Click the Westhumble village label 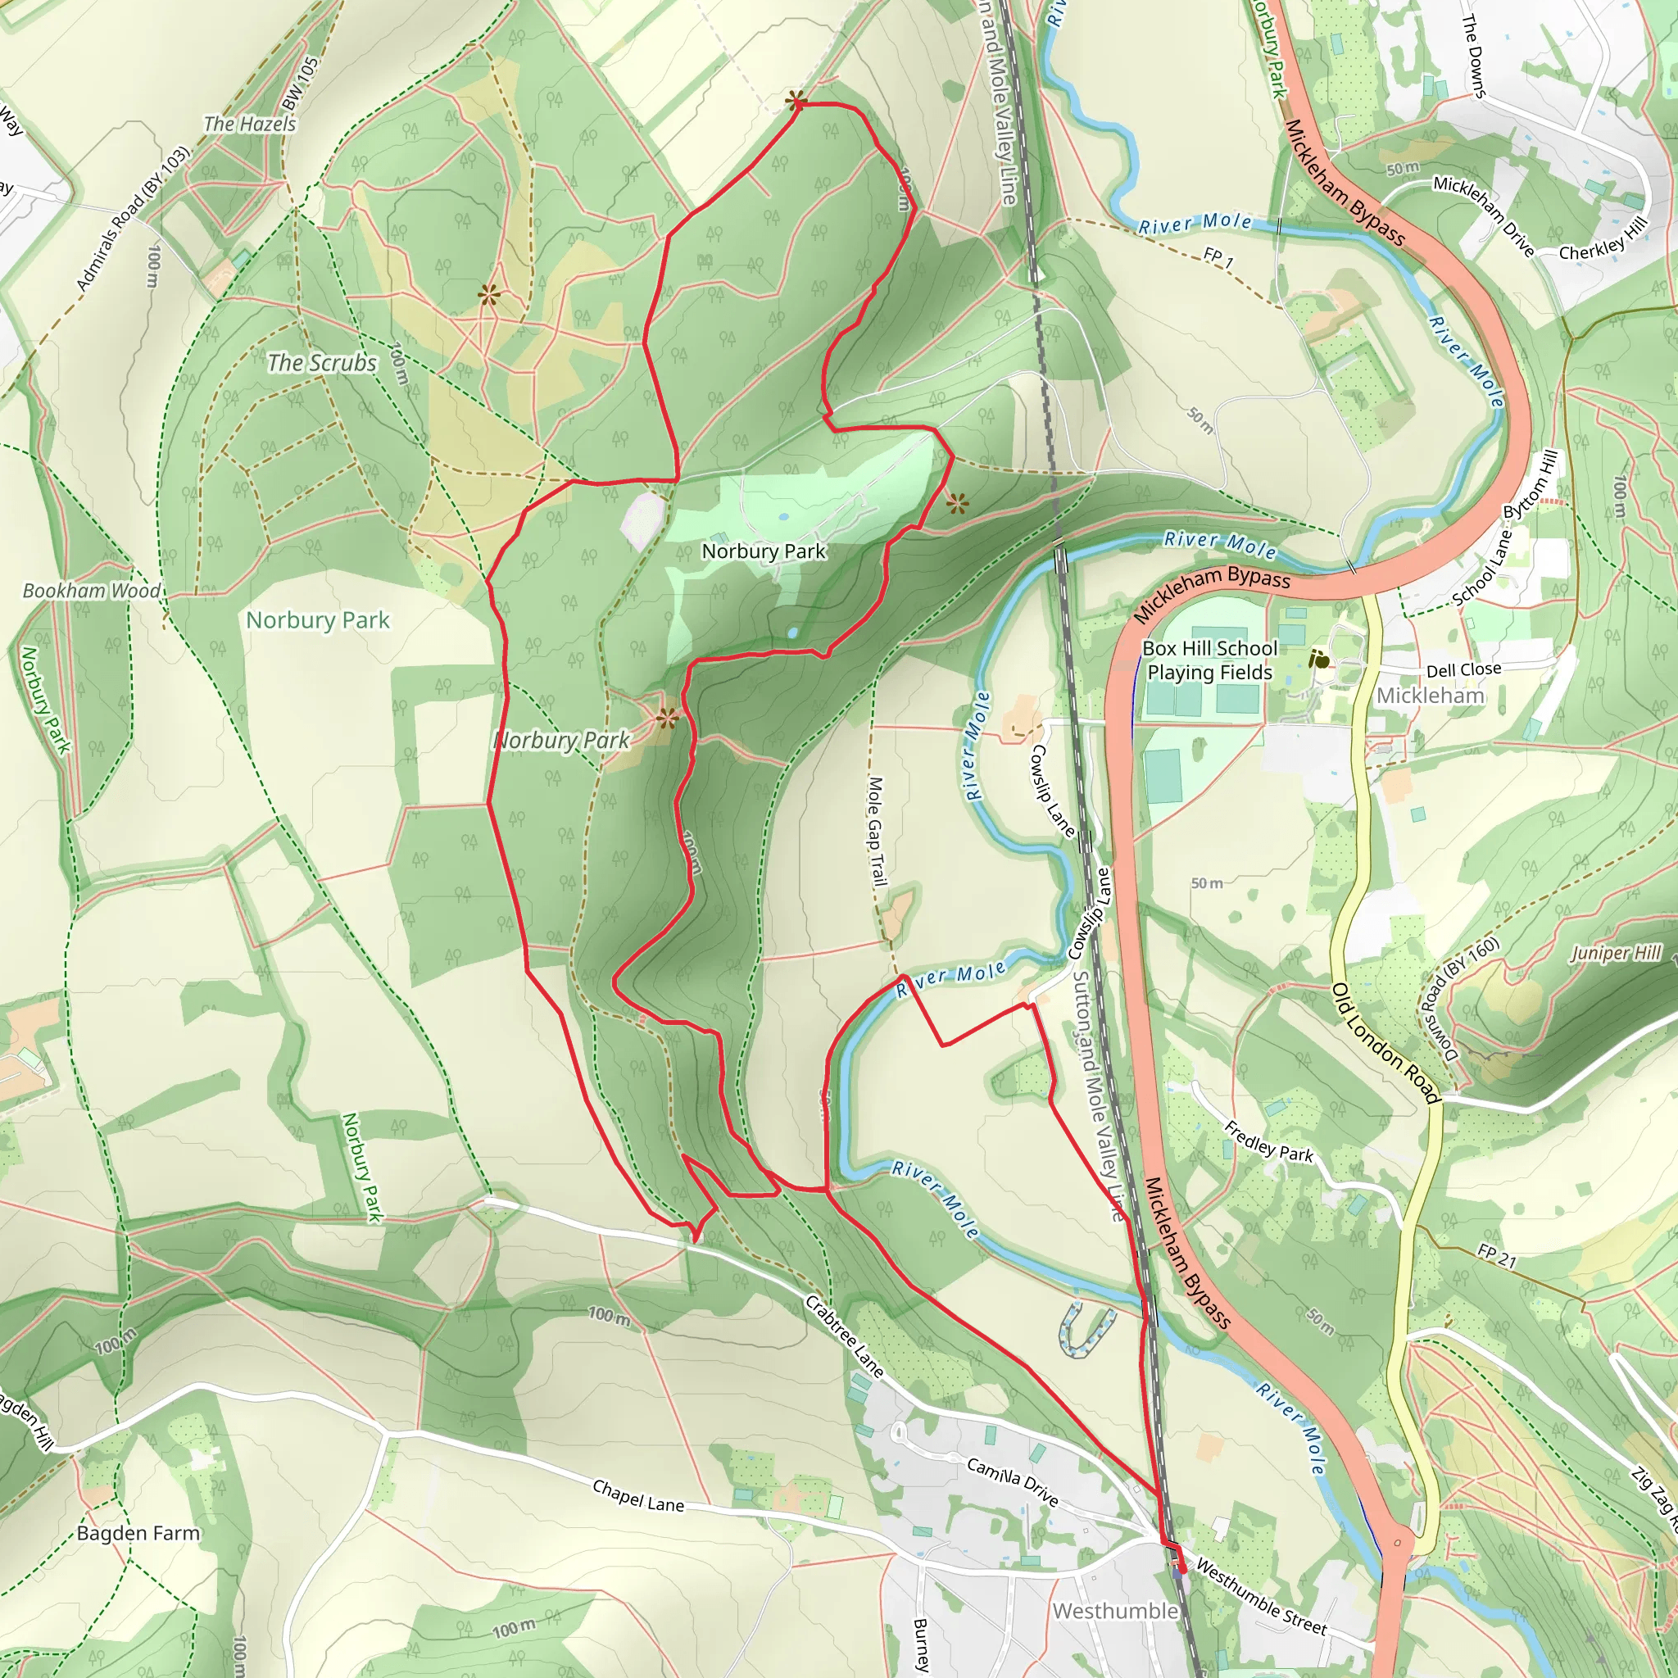pyautogui.click(x=1114, y=1611)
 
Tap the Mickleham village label pyautogui.click(x=1430, y=696)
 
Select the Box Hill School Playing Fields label pyautogui.click(x=1209, y=660)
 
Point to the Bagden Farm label pyautogui.click(x=138, y=1533)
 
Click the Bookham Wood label pyautogui.click(x=91, y=591)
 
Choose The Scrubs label pyautogui.click(x=321, y=362)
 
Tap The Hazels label pyautogui.click(x=249, y=124)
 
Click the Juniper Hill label pyautogui.click(x=1616, y=953)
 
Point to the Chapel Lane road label pyautogui.click(x=637, y=1495)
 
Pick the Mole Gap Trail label pyautogui.click(x=878, y=831)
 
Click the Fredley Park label pyautogui.click(x=1268, y=1141)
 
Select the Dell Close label pyautogui.click(x=1463, y=669)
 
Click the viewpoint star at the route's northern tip pyautogui.click(x=795, y=102)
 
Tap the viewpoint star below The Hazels pyautogui.click(x=489, y=295)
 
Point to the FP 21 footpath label pyautogui.click(x=1495, y=1257)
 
